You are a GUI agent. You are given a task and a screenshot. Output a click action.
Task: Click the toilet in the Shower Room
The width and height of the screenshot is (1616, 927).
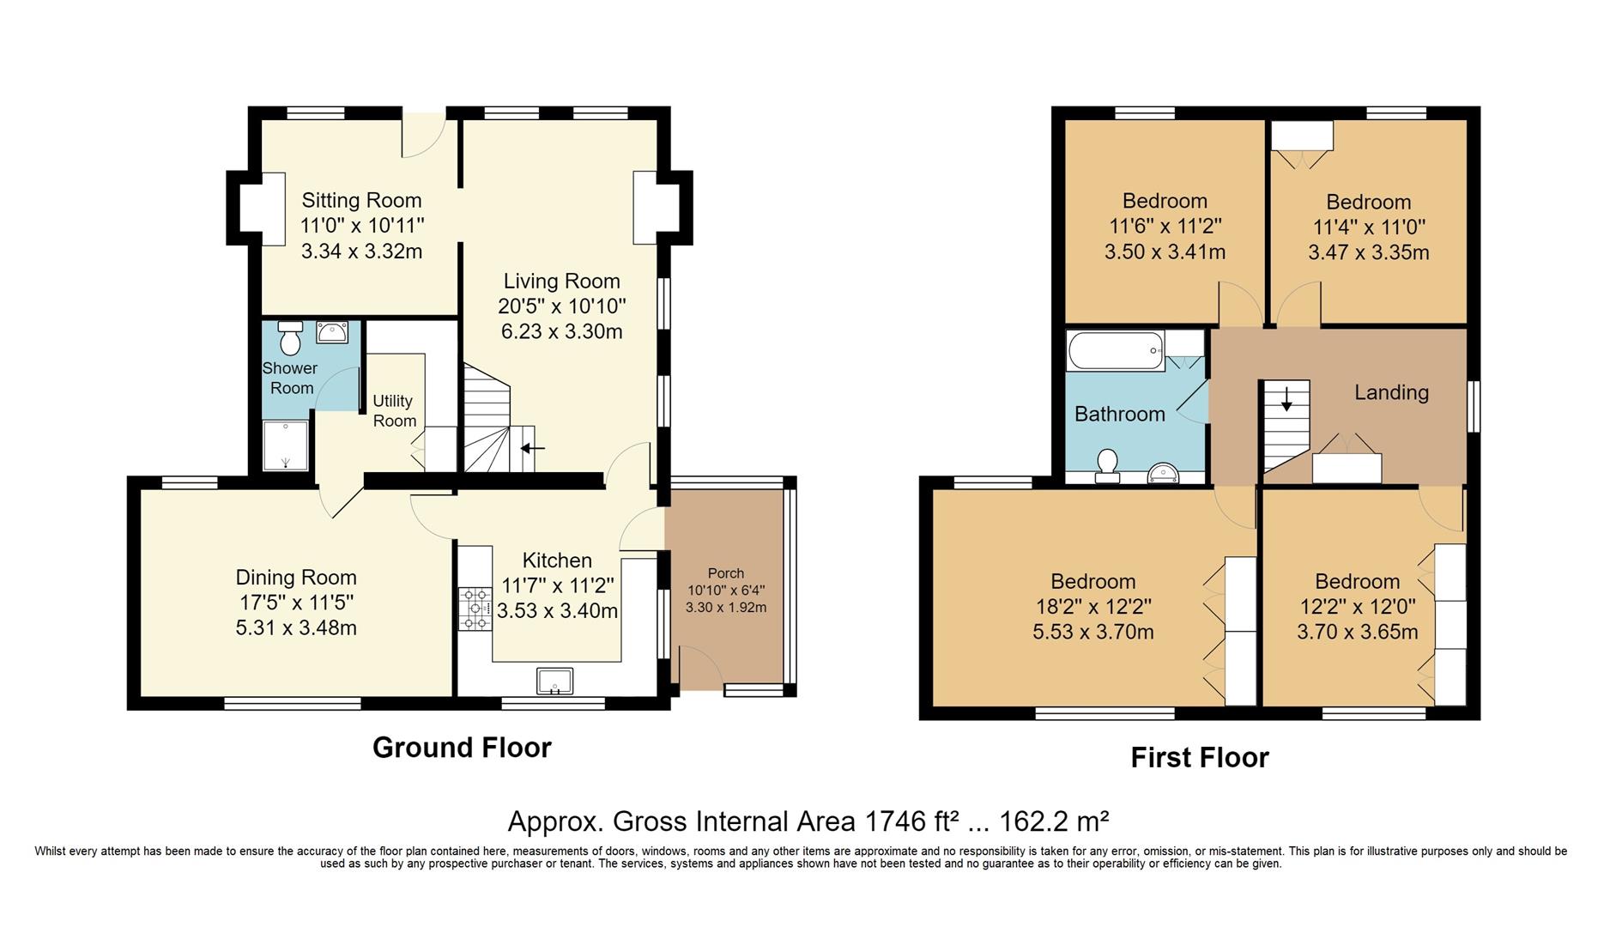coord(290,338)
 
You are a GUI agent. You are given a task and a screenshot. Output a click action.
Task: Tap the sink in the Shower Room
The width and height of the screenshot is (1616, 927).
coord(332,332)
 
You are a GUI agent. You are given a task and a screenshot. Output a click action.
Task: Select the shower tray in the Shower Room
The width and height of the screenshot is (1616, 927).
coord(285,445)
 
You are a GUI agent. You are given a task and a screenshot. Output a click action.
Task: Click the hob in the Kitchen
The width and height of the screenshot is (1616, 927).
coord(471,609)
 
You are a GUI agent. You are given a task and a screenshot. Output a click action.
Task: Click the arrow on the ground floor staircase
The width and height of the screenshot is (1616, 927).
coord(532,448)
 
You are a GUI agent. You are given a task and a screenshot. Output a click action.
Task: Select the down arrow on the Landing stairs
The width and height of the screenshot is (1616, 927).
coord(1286,400)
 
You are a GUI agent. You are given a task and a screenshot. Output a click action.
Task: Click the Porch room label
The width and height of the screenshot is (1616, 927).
coord(725,573)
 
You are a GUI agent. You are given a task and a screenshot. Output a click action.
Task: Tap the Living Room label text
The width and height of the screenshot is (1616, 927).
coord(561,281)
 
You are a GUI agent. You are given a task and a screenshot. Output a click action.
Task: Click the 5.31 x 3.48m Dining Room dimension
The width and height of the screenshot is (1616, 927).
coord(296,627)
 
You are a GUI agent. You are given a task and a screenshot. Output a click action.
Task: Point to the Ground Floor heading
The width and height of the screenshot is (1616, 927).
coord(462,748)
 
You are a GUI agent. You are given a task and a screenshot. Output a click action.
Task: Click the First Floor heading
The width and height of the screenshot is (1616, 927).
coord(1199,758)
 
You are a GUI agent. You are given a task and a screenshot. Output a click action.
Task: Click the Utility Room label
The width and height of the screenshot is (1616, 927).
coord(394,410)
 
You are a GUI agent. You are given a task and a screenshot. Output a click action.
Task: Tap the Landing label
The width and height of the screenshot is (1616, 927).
coord(1391,392)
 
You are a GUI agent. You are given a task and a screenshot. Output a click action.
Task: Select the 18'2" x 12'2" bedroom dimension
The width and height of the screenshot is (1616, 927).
coord(1092,607)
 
